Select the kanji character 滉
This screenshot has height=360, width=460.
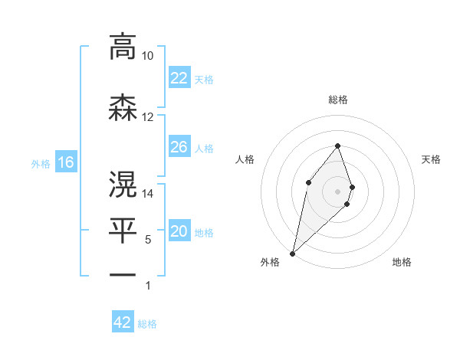click(123, 185)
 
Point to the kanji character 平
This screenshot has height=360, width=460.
click(123, 228)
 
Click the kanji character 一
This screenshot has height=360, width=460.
click(123, 274)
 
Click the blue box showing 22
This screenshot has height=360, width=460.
click(179, 78)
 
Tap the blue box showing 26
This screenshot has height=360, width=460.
click(179, 147)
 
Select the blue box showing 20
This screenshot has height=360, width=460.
click(179, 232)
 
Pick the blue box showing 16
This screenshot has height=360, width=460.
click(65, 162)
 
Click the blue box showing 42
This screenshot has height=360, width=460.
click(123, 322)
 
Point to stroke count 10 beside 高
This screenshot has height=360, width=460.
click(147, 56)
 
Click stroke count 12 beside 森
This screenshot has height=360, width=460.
click(147, 117)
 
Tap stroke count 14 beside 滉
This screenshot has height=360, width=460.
click(147, 194)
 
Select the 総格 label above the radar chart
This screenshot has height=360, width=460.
click(337, 100)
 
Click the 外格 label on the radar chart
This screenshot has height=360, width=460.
click(269, 262)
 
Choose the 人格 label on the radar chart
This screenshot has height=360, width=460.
click(245, 159)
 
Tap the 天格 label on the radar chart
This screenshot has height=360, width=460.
click(431, 159)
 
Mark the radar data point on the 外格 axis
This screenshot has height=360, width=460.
click(293, 253)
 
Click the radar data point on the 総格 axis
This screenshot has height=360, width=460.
click(337, 146)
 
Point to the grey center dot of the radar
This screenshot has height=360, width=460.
click(337, 191)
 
